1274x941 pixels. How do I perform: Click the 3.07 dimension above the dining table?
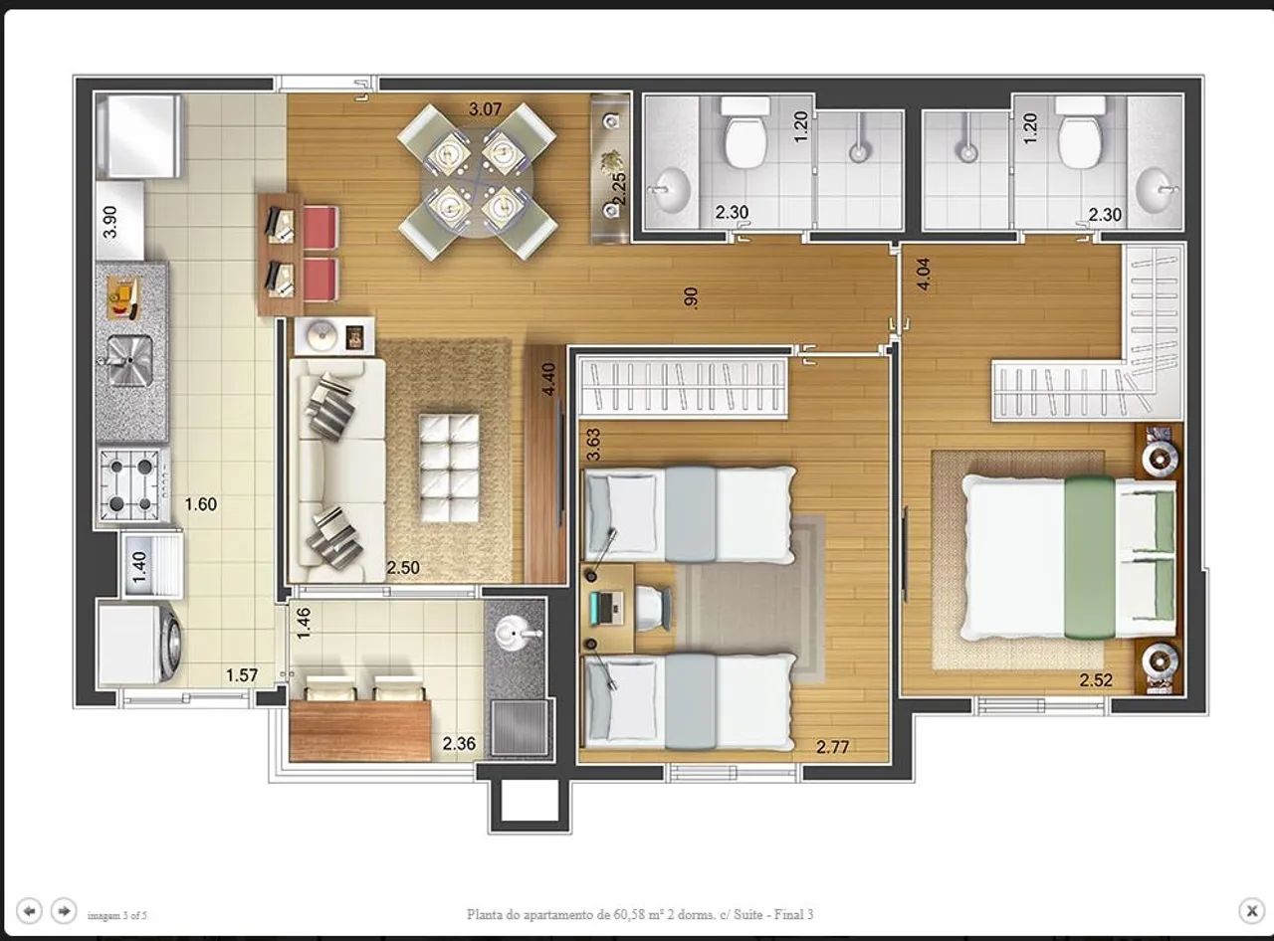[x=485, y=109]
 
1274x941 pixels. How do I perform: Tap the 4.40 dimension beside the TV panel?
[x=548, y=379]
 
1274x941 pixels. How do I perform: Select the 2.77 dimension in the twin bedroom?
[x=832, y=747]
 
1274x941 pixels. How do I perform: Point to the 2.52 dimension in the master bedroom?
[x=1096, y=679]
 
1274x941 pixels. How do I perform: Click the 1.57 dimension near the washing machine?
[x=241, y=675]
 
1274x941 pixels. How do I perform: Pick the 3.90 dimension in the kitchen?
[x=109, y=222]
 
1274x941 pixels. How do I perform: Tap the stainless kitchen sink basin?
[x=130, y=359]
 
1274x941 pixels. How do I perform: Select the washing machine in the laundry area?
[x=140, y=643]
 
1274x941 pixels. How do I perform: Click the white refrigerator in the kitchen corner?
[x=139, y=137]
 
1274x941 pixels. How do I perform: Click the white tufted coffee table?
[x=449, y=468]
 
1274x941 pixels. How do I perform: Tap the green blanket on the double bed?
[x=1091, y=557]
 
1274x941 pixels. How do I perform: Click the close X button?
[x=1251, y=910]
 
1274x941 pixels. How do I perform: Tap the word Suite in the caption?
[x=749, y=914]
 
